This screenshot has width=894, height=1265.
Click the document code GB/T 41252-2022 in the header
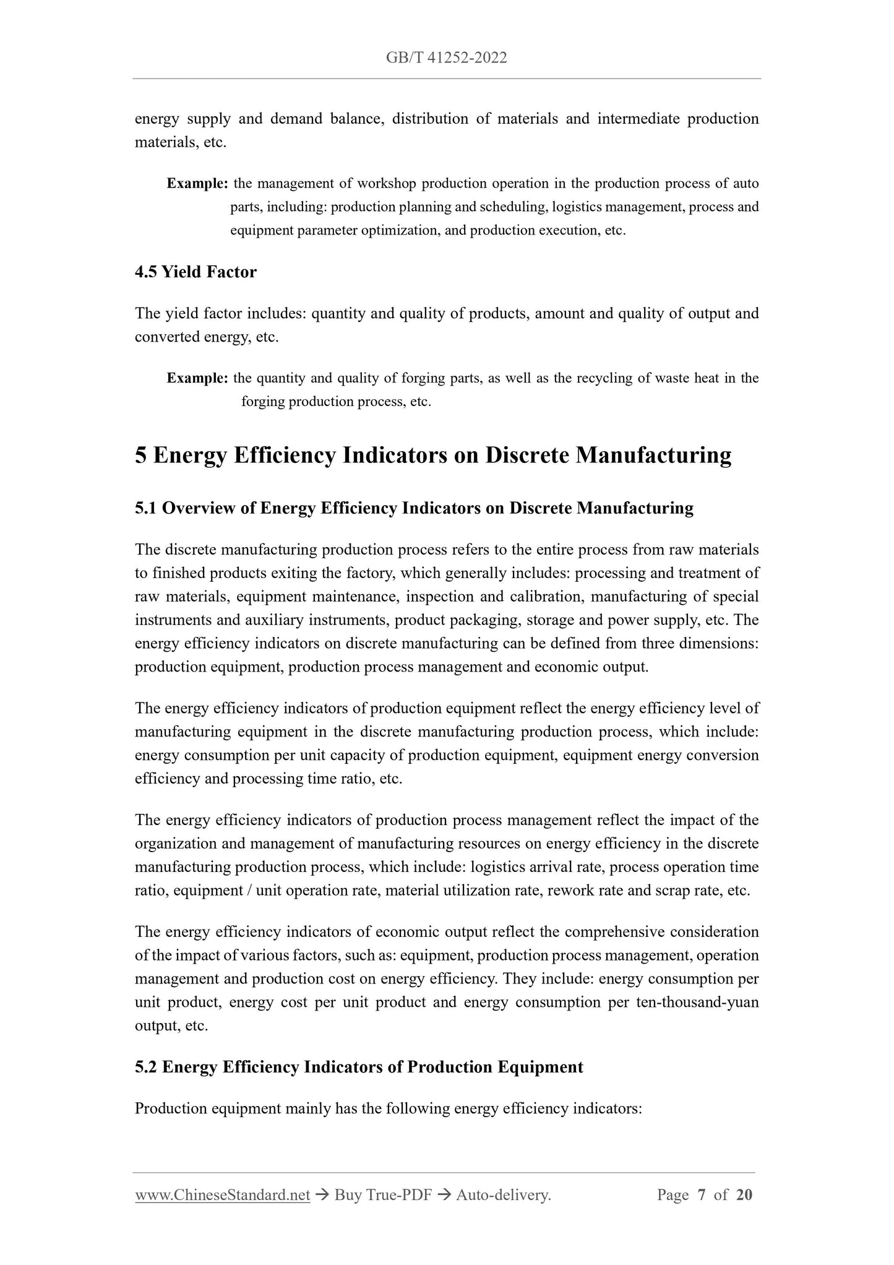click(x=446, y=58)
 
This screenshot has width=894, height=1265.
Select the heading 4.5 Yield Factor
click(x=196, y=272)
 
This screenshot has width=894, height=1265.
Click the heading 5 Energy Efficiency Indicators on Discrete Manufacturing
click(x=433, y=455)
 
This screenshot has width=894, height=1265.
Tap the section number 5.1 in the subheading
click(x=146, y=508)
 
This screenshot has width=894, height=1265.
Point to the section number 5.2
click(x=146, y=1067)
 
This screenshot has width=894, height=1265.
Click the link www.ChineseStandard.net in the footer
click(x=222, y=1195)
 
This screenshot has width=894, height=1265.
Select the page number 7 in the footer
click(x=702, y=1195)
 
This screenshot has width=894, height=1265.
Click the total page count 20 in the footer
click(x=744, y=1195)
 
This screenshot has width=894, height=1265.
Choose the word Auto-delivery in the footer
click(x=502, y=1195)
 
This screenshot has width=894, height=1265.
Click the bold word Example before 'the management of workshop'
click(x=197, y=184)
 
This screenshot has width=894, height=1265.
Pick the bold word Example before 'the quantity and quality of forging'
click(x=197, y=378)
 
